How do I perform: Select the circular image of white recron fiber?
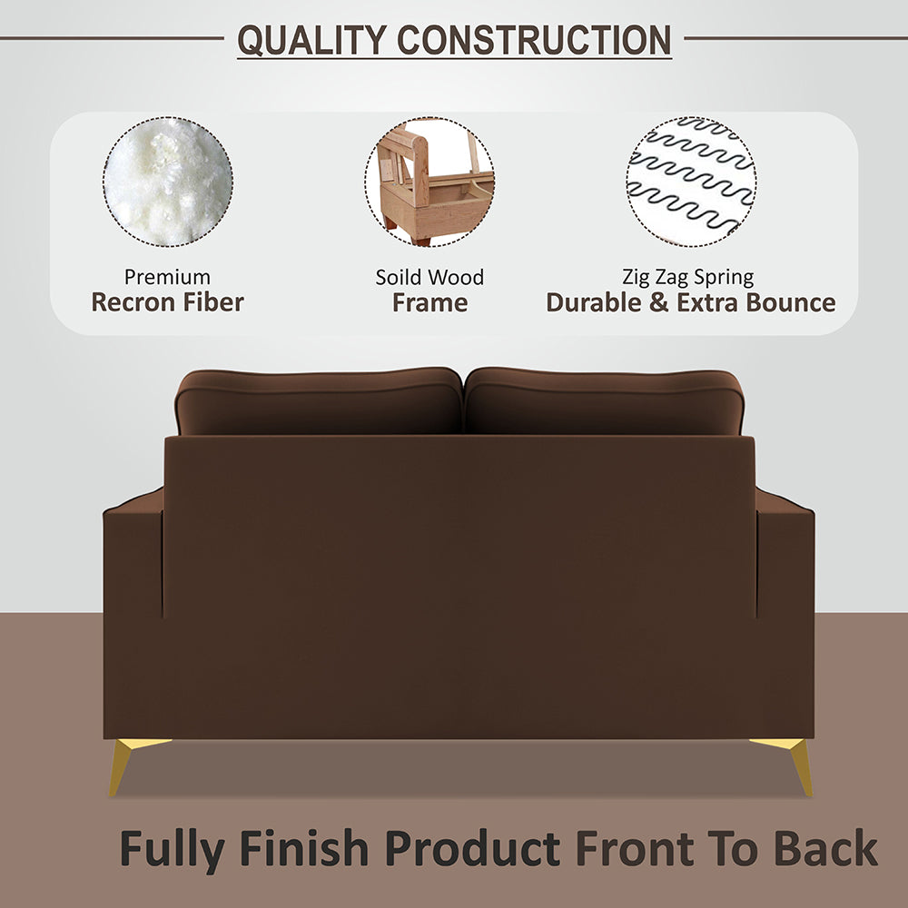click(168, 182)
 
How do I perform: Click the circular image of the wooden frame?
click(430, 182)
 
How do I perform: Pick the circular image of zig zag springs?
click(691, 182)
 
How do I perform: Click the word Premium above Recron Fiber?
click(167, 277)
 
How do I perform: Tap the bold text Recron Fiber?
click(167, 302)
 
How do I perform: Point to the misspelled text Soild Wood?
click(429, 277)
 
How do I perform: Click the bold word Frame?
click(429, 302)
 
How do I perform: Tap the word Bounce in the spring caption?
click(790, 302)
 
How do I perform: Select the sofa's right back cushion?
click(604, 401)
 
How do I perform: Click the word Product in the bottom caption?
click(472, 849)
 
